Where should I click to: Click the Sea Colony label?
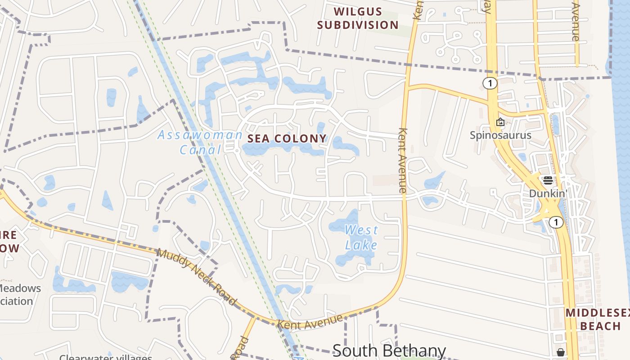[x=287, y=139]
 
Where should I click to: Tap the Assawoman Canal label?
[x=200, y=142]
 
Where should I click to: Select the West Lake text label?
[x=361, y=237]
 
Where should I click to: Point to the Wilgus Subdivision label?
[x=358, y=18]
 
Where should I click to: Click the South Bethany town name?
[x=389, y=351]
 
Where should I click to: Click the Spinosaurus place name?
[x=500, y=135]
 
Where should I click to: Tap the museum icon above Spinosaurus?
[x=500, y=122]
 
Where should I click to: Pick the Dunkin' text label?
[x=547, y=193]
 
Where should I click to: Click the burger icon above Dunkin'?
[x=548, y=180]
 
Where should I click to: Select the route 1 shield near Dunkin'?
[x=556, y=222]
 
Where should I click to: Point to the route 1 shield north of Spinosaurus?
[x=490, y=83]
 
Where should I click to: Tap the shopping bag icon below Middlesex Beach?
[x=561, y=352]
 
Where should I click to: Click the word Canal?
[x=201, y=149]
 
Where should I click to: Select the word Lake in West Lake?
[x=361, y=244]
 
